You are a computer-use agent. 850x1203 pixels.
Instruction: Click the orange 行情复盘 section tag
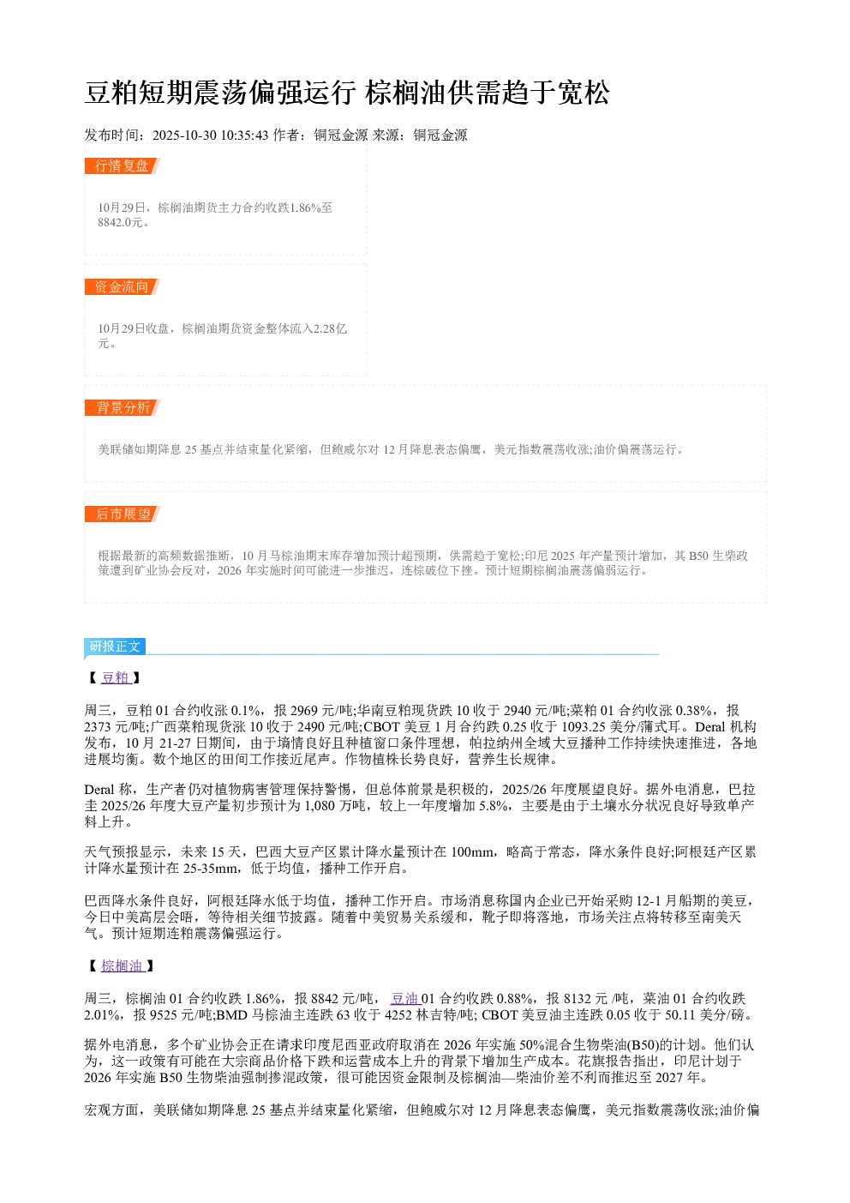pos(123,166)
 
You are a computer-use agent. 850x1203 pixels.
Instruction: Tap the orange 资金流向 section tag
pos(123,286)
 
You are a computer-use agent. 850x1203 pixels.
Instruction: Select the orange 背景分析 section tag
pos(123,407)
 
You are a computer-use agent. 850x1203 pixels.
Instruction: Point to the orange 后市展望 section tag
pos(123,514)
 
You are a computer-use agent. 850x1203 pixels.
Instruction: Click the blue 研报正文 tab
pos(115,646)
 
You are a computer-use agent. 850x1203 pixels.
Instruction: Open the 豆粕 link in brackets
pos(116,677)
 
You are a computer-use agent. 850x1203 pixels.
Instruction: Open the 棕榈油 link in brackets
pos(123,966)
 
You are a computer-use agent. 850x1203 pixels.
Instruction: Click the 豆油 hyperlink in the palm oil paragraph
pos(405,999)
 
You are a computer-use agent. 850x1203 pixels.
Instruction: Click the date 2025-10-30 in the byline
pos(184,135)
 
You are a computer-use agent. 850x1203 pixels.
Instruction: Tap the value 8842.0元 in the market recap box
pos(121,222)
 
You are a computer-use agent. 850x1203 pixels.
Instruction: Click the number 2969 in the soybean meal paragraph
pos(303,711)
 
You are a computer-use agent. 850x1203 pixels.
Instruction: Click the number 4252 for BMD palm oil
pos(398,1015)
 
